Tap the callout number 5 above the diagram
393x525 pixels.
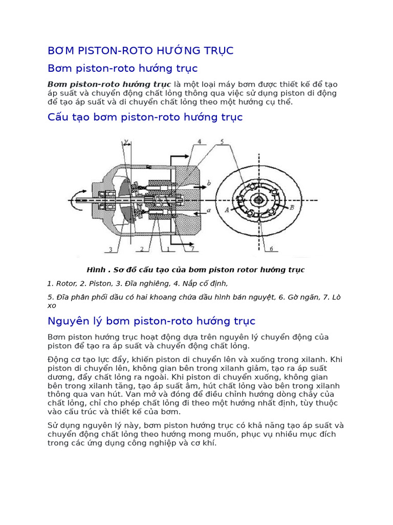tap(221, 141)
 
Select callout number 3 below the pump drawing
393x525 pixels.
tap(110, 250)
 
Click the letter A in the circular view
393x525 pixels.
tap(226, 209)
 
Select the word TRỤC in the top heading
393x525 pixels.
tap(217, 50)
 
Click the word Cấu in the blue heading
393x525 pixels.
tap(58, 117)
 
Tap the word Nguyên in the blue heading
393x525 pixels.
tap(67, 321)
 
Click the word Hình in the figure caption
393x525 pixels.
tap(96, 270)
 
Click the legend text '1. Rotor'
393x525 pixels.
tap(61, 283)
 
